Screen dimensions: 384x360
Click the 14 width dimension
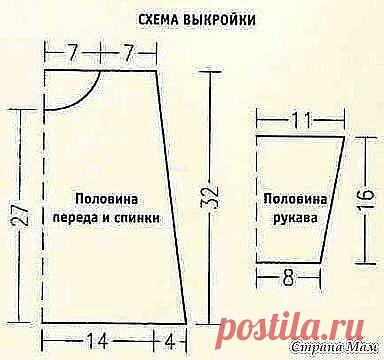pyautogui.click(x=98, y=336)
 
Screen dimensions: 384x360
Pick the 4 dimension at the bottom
pyautogui.click(x=172, y=336)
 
